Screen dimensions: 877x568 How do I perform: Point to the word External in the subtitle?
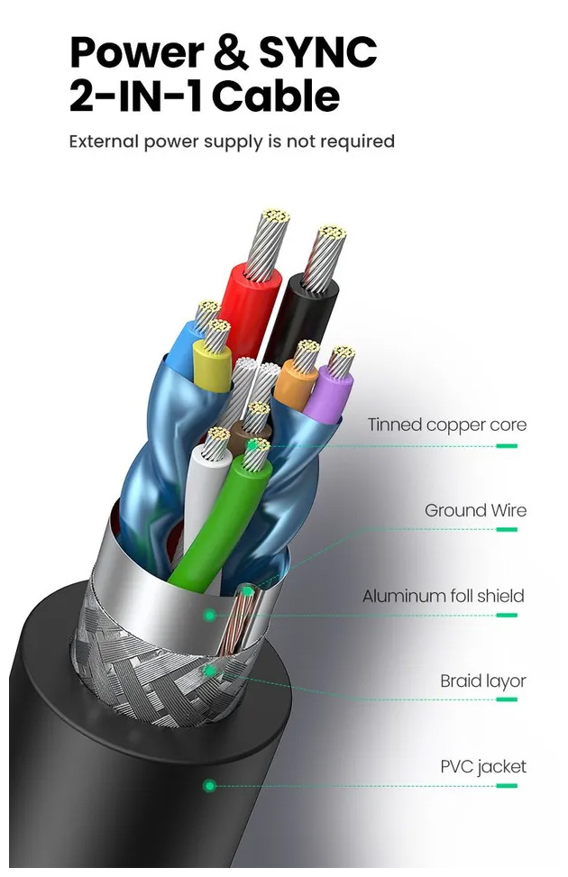tap(104, 142)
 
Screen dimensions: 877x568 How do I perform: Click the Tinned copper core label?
tap(446, 425)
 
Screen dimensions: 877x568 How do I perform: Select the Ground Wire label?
tap(475, 510)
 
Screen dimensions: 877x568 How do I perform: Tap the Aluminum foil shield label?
tap(443, 596)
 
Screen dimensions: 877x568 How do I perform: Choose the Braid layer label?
tap(482, 681)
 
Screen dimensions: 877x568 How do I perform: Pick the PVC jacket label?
tap(482, 767)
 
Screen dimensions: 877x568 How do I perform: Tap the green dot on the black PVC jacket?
tap(210, 786)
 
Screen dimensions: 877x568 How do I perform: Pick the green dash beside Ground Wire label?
tap(507, 531)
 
